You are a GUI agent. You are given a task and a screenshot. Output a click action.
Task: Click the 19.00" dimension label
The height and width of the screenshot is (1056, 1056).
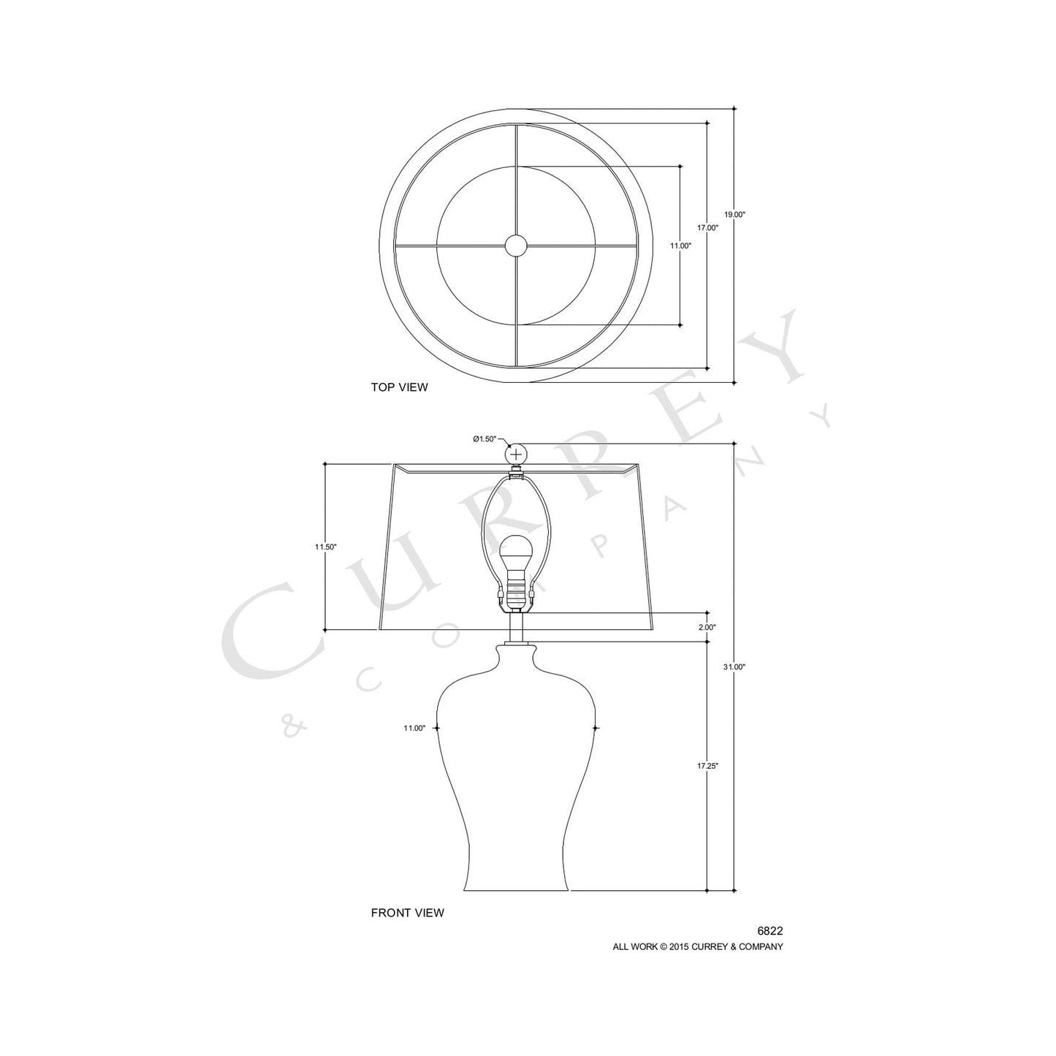click(x=734, y=215)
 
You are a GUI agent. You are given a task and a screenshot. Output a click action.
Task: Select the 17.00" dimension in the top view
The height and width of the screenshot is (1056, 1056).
click(x=707, y=228)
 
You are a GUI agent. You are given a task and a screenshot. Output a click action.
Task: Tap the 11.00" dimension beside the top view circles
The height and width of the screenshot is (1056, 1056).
click(x=680, y=246)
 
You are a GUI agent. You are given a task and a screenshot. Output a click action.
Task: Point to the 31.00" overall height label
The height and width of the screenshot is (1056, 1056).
click(x=734, y=667)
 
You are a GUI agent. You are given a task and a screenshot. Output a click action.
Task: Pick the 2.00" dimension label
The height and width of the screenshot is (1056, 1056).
click(x=707, y=627)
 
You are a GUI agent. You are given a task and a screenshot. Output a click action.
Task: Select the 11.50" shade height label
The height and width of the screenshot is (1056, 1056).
click(x=325, y=547)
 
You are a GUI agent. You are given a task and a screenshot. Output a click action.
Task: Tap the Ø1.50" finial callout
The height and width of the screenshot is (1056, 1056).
click(x=485, y=438)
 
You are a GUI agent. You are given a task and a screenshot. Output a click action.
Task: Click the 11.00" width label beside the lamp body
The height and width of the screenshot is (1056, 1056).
click(x=414, y=728)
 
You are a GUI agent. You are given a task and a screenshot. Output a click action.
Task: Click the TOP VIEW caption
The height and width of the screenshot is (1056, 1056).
click(x=399, y=387)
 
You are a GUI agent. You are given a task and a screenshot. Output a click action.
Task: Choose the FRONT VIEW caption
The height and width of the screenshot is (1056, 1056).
click(x=407, y=913)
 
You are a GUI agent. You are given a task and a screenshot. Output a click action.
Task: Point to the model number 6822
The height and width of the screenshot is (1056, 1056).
click(x=770, y=931)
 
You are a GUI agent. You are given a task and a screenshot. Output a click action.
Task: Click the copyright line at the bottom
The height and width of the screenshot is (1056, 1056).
click(x=697, y=946)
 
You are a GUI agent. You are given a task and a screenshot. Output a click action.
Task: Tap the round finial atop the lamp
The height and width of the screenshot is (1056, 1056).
click(x=517, y=454)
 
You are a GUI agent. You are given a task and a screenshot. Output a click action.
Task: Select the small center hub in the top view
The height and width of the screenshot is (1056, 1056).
click(x=517, y=245)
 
